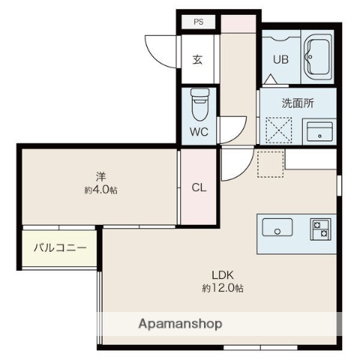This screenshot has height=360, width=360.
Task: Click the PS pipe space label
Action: click(199, 22)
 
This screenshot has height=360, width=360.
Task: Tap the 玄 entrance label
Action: click(197, 59)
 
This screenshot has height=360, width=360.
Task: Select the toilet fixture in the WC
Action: click(199, 104)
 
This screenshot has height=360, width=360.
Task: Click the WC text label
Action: click(199, 132)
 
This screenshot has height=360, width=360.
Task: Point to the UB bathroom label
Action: click(280, 59)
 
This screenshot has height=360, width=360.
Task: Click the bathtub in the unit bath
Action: click(318, 57)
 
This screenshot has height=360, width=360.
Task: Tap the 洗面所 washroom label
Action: click(298, 103)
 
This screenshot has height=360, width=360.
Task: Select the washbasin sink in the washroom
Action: click(319, 131)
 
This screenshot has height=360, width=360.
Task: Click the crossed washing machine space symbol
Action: click(279, 130)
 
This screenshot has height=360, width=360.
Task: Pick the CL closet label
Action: click(199, 187)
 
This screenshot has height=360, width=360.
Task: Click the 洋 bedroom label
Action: click(101, 176)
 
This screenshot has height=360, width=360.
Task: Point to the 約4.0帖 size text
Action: click(100, 190)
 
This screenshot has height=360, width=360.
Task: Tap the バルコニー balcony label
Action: click(60, 248)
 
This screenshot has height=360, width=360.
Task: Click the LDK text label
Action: click(223, 275)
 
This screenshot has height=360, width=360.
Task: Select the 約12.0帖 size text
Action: click(223, 288)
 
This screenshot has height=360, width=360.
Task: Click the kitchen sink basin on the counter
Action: click(277, 227)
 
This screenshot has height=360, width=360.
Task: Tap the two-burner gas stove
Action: click(321, 229)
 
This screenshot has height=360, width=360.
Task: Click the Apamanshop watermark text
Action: click(180, 324)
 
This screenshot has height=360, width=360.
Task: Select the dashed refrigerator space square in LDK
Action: click(271, 164)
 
